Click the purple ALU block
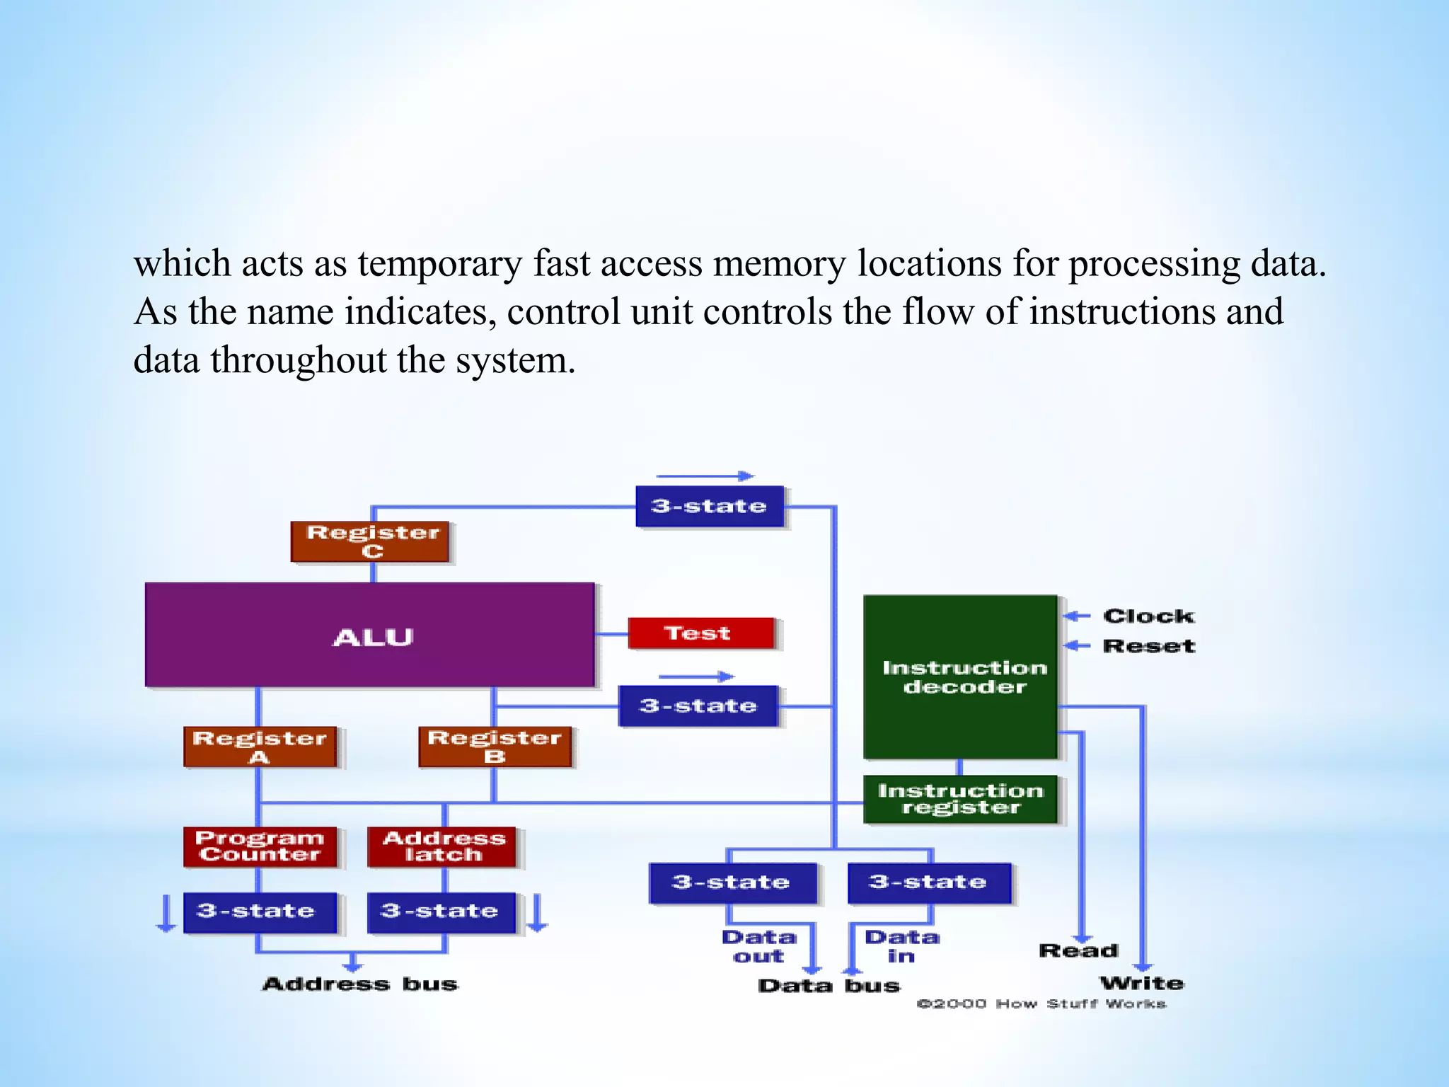tap(369, 635)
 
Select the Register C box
tap(370, 542)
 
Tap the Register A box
tap(260, 747)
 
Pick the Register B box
tap(495, 747)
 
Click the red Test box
tap(700, 633)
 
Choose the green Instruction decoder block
tap(960, 677)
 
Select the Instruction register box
tap(960, 799)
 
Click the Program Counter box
tap(260, 846)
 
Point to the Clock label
tap(1148, 616)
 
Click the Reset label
tap(1148, 646)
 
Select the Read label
tap(1078, 950)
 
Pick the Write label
tap(1141, 983)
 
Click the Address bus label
tap(360, 984)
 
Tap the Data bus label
tap(829, 986)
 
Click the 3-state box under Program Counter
tap(260, 912)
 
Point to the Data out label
tap(758, 947)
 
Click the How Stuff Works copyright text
tap(1041, 1004)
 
